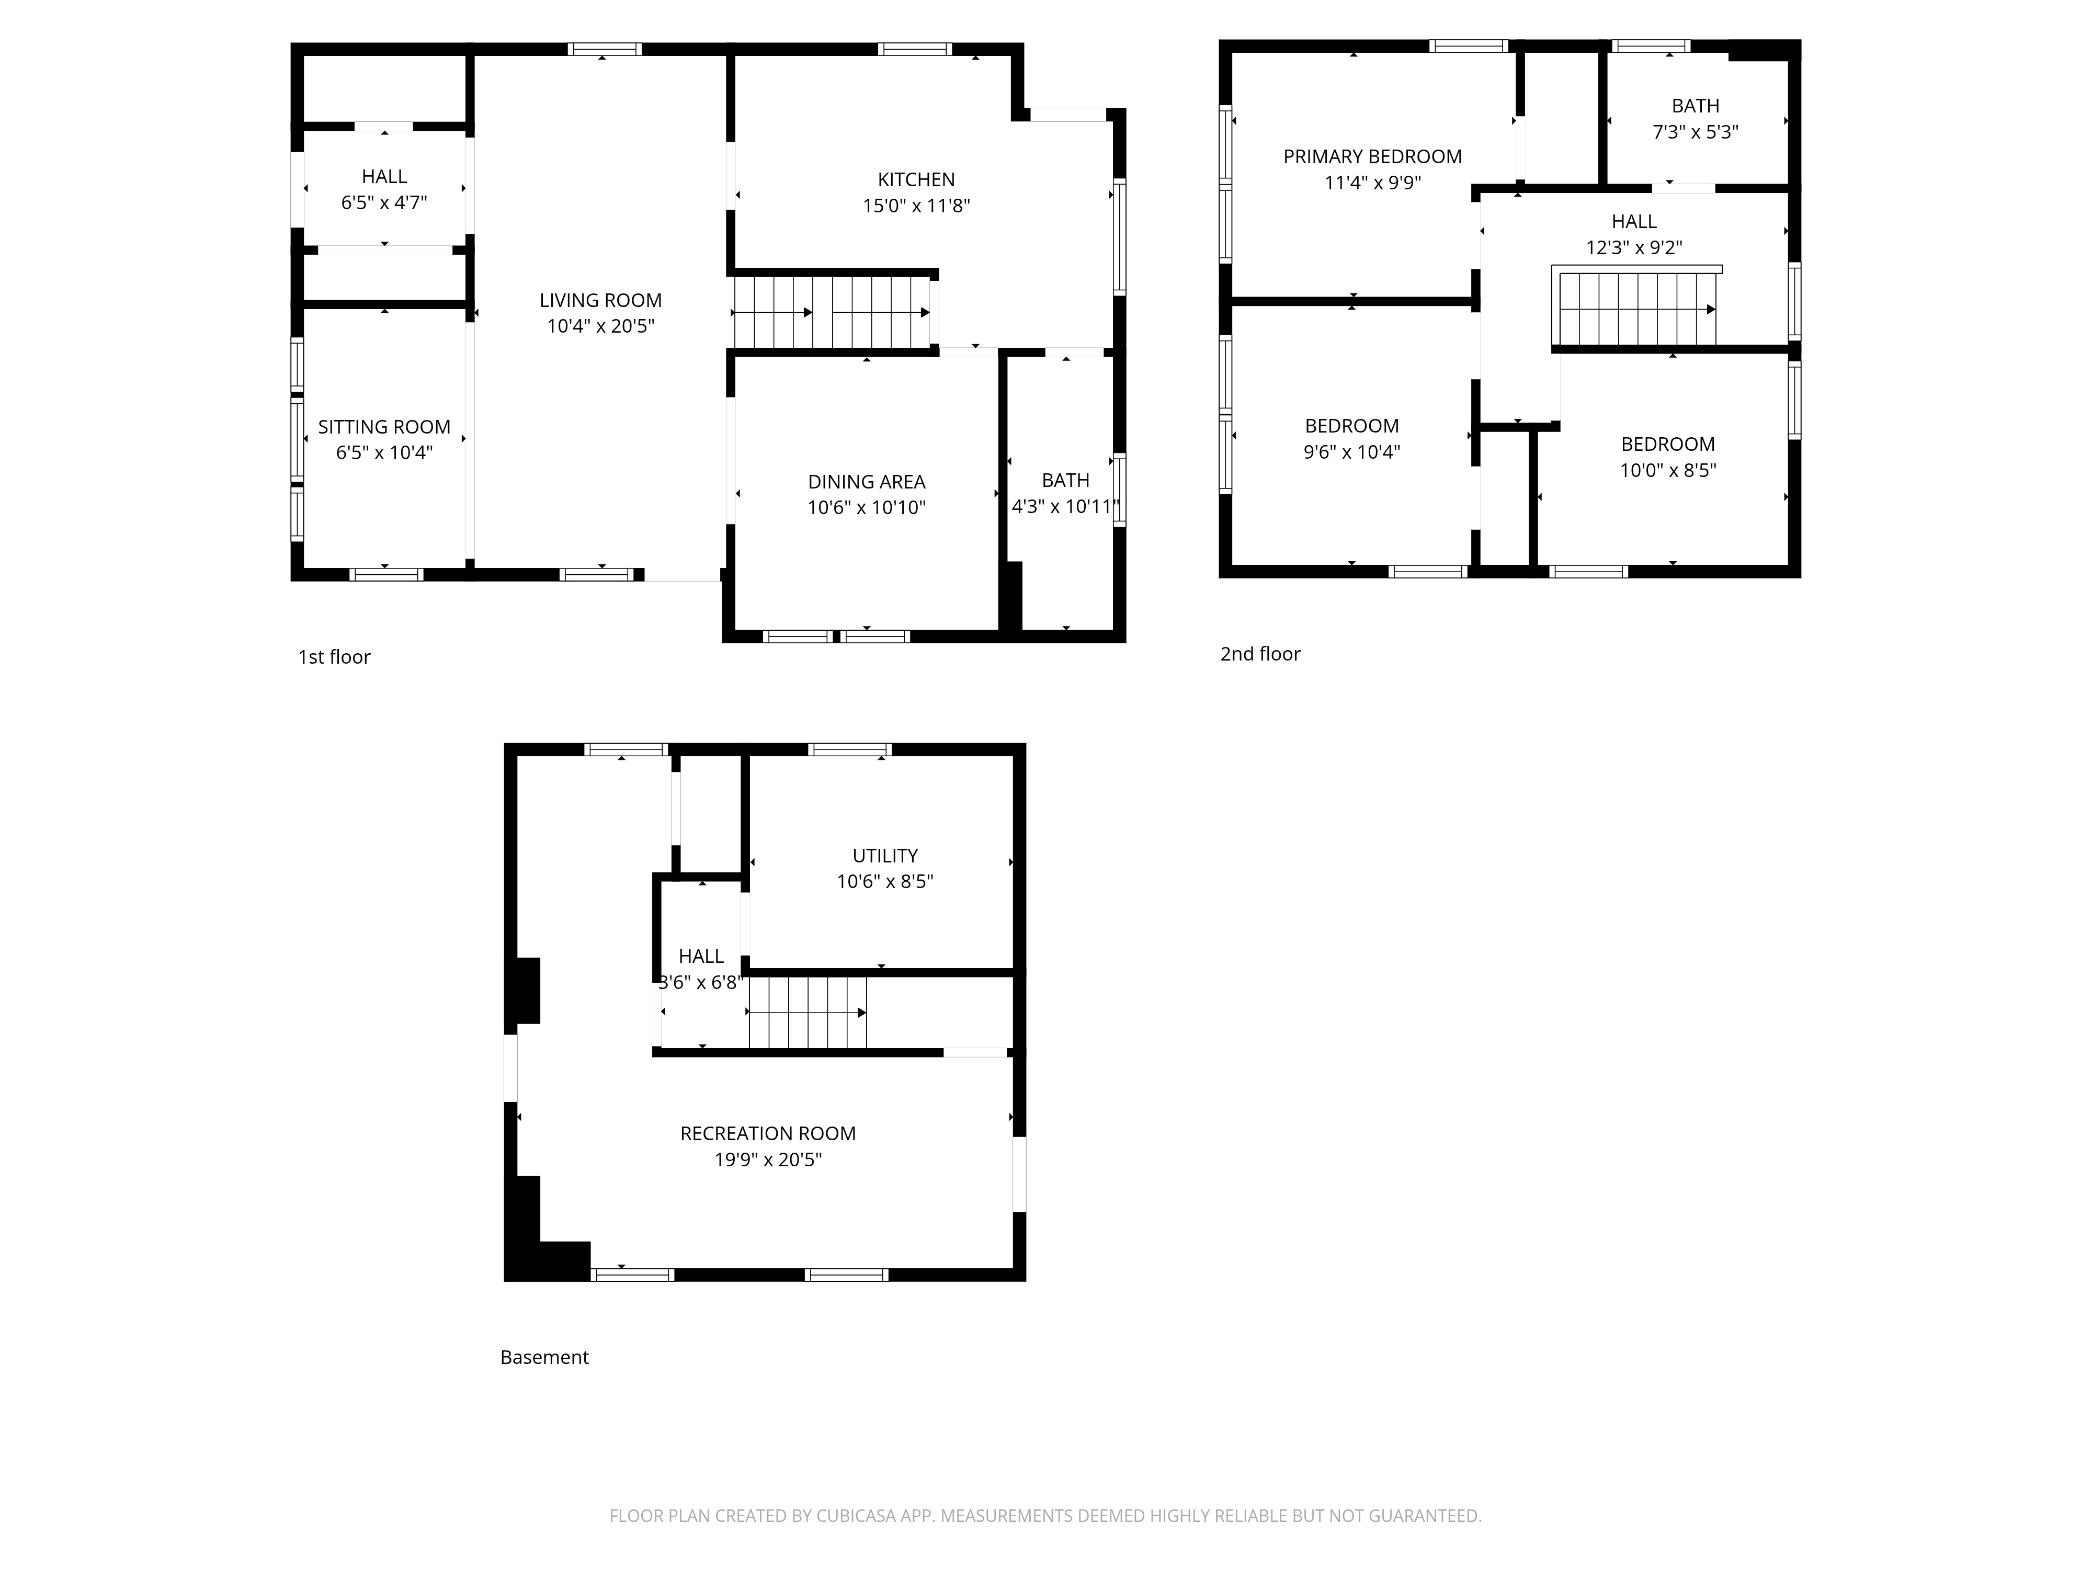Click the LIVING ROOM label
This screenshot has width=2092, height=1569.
point(600,301)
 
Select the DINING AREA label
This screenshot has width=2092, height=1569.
point(866,482)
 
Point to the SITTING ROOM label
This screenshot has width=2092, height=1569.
point(384,427)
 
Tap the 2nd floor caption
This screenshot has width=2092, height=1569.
point(1260,654)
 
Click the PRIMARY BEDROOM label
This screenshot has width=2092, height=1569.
point(1372,157)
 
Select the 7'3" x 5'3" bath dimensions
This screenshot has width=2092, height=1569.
point(1696,132)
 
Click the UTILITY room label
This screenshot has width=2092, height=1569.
point(885,856)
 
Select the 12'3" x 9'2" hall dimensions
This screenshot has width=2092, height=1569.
point(1634,248)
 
